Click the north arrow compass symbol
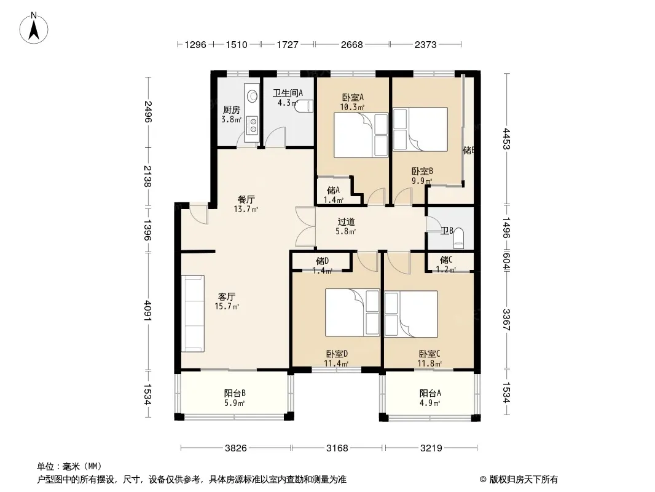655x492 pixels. pyautogui.click(x=34, y=28)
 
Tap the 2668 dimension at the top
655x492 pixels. pyautogui.click(x=351, y=44)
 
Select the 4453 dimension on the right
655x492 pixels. pyautogui.click(x=506, y=139)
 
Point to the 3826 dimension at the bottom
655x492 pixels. pyautogui.click(x=235, y=448)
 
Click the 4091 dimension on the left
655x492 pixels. pyautogui.click(x=147, y=310)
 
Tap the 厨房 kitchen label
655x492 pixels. pyautogui.click(x=232, y=110)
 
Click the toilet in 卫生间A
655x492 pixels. pyautogui.click(x=304, y=106)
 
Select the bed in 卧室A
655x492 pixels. pyautogui.click(x=361, y=135)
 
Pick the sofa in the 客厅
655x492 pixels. pyautogui.click(x=192, y=314)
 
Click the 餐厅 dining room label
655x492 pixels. pyautogui.click(x=246, y=199)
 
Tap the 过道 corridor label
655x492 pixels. pyautogui.click(x=346, y=221)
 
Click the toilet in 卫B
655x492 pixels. pyautogui.click(x=458, y=236)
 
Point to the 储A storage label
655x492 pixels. pyautogui.click(x=333, y=190)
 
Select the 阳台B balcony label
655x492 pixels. pyautogui.click(x=235, y=393)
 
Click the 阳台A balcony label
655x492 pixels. pyautogui.click(x=430, y=393)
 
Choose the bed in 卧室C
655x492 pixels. pyautogui.click(x=411, y=314)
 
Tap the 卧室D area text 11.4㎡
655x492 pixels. pyautogui.click(x=336, y=363)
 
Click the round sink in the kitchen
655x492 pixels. pyautogui.click(x=251, y=96)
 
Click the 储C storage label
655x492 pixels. pyautogui.click(x=445, y=260)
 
